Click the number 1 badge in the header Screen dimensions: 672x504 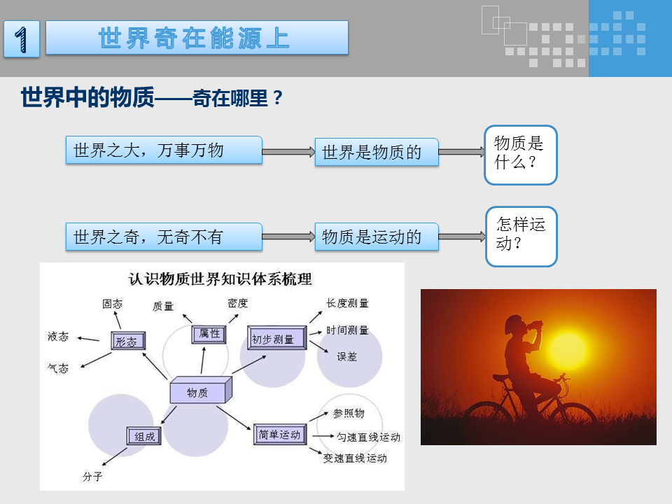tap(22, 38)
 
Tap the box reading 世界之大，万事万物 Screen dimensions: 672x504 tap(164, 150)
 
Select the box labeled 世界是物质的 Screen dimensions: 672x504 tap(377, 152)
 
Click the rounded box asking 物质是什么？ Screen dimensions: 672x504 tap(521, 155)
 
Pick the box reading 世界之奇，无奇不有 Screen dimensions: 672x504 tap(164, 237)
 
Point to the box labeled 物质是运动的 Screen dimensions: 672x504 tap(377, 237)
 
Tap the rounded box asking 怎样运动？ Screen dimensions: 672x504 tap(521, 237)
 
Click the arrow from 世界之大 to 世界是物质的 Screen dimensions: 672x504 tap(288, 152)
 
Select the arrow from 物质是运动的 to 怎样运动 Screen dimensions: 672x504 tap(462, 237)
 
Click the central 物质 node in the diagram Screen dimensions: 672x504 tap(201, 391)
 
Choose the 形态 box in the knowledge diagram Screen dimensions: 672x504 tap(128, 341)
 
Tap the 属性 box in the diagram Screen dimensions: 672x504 tap(209, 335)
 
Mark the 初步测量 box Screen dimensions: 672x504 tap(277, 337)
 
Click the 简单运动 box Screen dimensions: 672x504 tap(280, 434)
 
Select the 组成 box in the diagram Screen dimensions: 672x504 tap(144, 436)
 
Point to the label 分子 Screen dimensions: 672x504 tap(92, 476)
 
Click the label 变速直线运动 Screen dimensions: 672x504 tap(355, 458)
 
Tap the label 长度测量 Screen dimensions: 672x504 tap(347, 303)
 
